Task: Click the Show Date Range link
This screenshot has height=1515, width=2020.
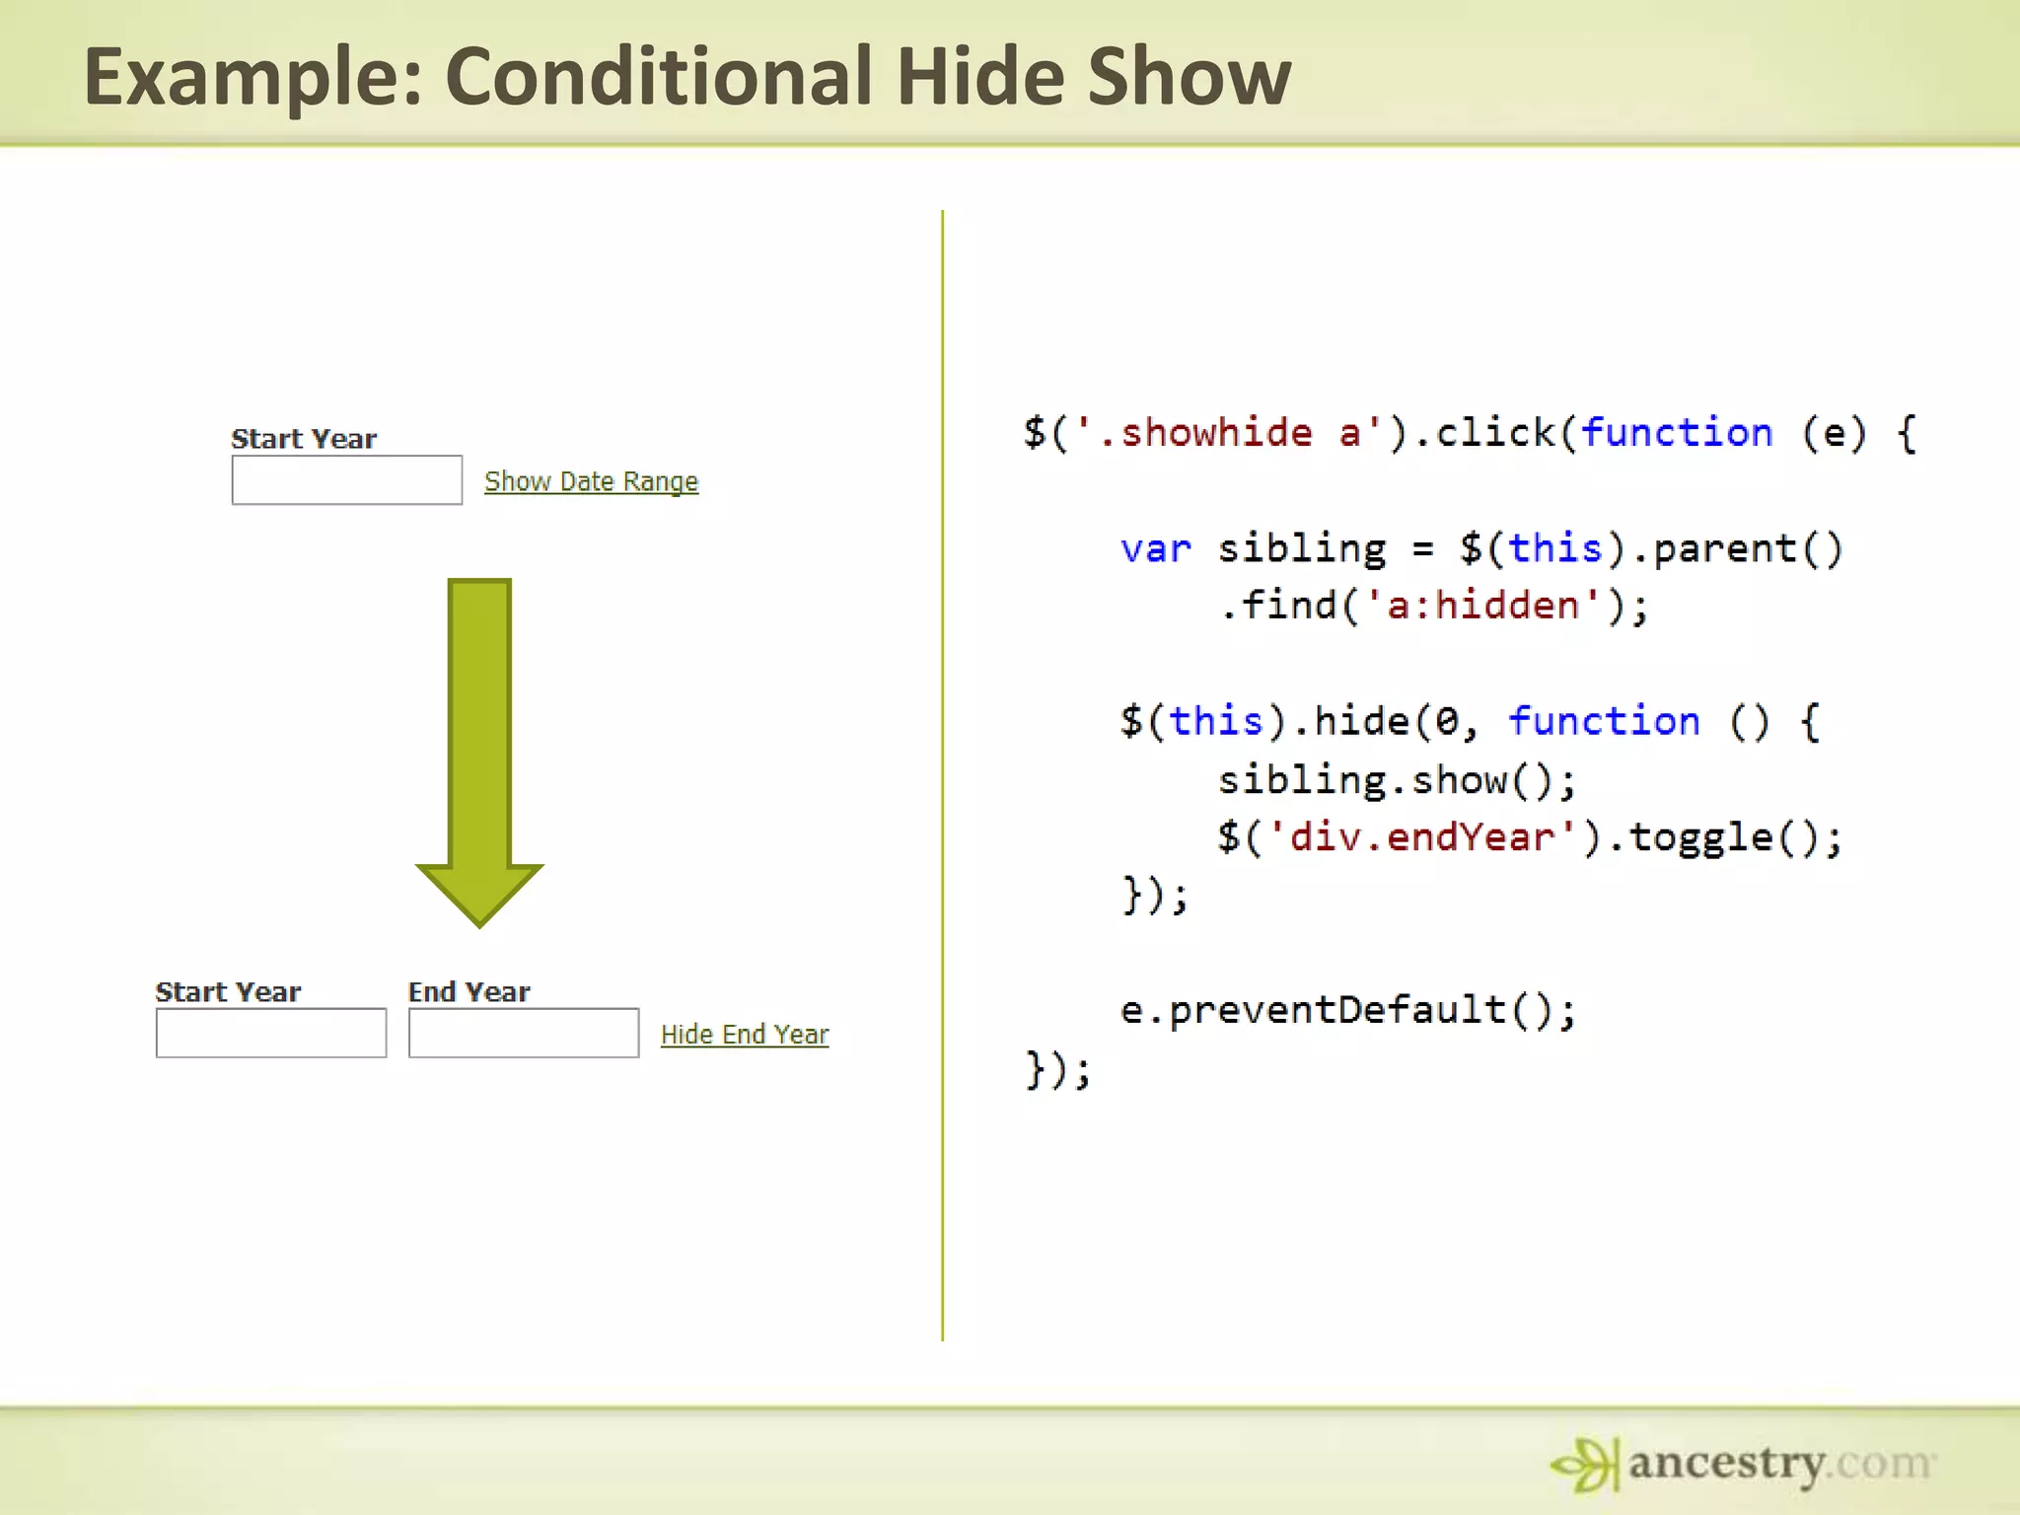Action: (591, 481)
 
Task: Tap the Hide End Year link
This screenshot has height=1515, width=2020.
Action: (745, 1035)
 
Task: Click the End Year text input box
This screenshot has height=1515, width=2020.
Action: (524, 1033)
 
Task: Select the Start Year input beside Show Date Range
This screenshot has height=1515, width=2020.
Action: (347, 480)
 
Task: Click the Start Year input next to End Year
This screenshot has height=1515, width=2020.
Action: (271, 1033)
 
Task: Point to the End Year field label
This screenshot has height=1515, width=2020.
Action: (469, 992)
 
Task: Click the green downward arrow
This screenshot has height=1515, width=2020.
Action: (479, 750)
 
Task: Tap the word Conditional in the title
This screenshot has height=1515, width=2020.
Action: (659, 76)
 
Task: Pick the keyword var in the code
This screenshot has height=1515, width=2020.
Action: (1155, 548)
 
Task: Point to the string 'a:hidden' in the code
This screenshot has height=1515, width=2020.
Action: (1481, 606)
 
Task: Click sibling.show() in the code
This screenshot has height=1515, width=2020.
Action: (1396, 780)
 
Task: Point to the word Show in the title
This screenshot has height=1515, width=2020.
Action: (1189, 76)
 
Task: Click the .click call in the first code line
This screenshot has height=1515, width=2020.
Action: (1484, 433)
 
